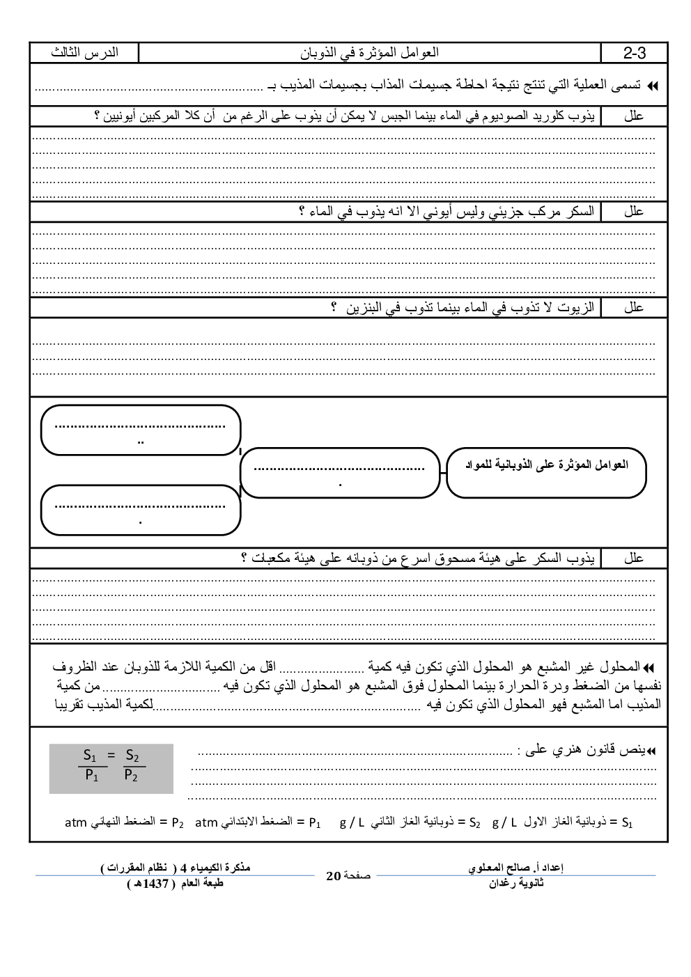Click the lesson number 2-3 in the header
(x=634, y=53)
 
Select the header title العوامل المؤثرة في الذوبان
(x=369, y=53)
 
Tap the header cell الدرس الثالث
(x=84, y=53)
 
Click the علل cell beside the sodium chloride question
(x=634, y=116)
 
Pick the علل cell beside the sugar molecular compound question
(x=634, y=212)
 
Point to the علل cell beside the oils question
(x=634, y=307)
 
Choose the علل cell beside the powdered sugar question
(x=634, y=558)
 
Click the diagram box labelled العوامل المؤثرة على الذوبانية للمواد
(x=546, y=472)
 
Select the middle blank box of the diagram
(x=340, y=474)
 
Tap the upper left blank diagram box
(x=141, y=430)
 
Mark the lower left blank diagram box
(x=141, y=510)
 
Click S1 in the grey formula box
(x=89, y=755)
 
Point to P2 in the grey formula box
(x=131, y=776)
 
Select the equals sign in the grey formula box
(x=111, y=755)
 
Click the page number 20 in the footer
(x=332, y=875)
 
